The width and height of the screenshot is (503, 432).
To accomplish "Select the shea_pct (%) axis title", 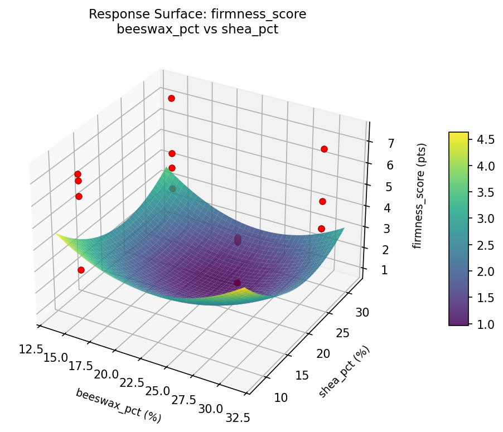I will (x=344, y=372).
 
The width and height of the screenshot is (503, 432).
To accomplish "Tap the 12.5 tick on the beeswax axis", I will (x=31, y=349).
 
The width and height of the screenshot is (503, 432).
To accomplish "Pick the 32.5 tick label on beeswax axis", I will (x=235, y=416).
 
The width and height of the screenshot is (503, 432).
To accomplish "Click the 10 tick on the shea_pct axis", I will (x=281, y=397).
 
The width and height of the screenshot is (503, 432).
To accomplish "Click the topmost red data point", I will (x=171, y=98).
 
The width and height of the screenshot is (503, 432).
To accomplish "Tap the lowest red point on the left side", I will (x=81, y=270).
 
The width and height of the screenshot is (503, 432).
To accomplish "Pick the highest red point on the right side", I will (x=324, y=149).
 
